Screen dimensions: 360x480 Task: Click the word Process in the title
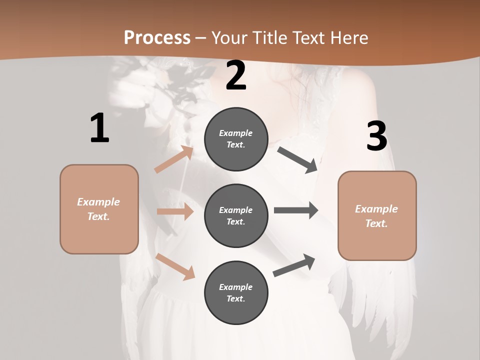coord(157,38)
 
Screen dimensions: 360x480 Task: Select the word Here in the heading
coord(348,38)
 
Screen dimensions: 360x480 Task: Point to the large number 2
coord(236,76)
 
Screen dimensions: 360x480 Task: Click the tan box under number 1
coord(99,209)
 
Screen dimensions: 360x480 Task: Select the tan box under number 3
coord(377,215)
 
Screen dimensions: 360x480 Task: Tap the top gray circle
coord(236,139)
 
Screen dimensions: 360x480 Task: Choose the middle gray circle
coord(236,215)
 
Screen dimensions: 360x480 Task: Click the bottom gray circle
coord(236,292)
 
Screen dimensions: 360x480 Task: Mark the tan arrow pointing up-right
coord(174,159)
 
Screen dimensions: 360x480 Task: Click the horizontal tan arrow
coord(175,212)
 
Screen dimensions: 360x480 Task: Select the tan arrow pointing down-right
coord(175,266)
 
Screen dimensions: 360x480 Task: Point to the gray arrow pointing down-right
coord(297,159)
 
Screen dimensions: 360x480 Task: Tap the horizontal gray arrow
coord(296,210)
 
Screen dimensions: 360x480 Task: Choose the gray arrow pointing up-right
coord(294,265)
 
